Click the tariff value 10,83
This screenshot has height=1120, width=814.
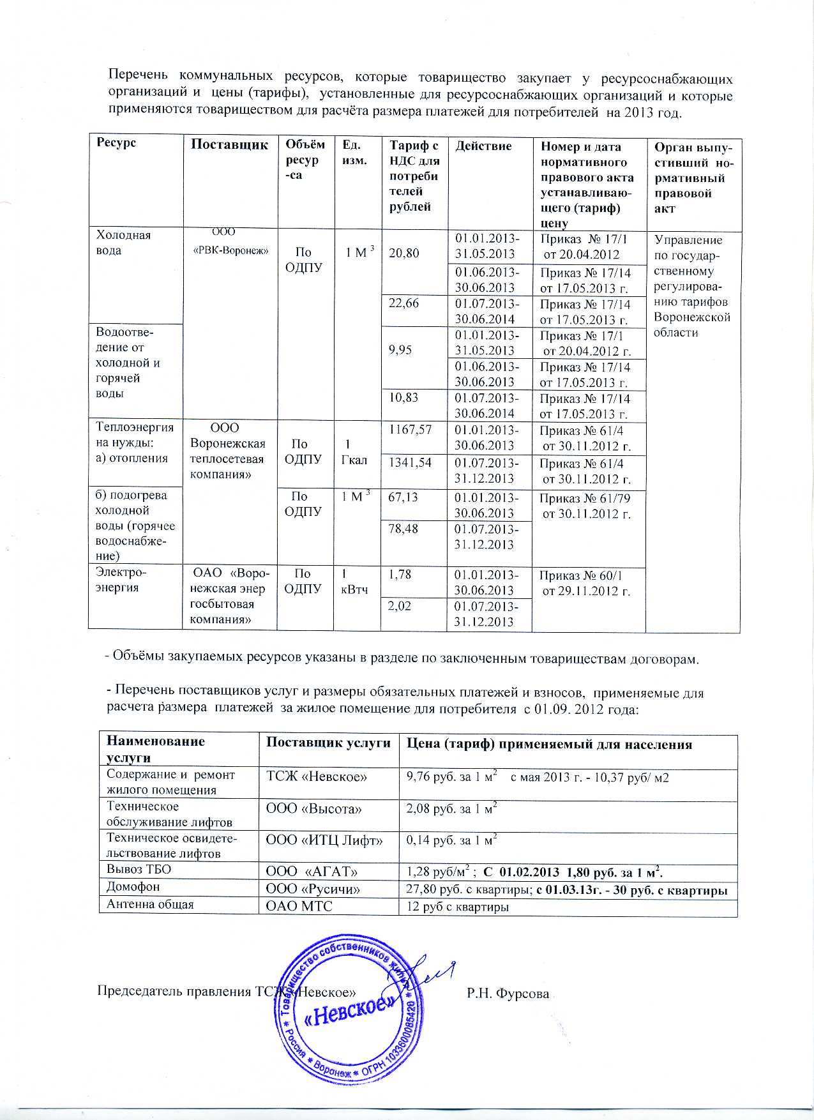pos(403,398)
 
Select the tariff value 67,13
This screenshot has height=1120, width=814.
pos(403,496)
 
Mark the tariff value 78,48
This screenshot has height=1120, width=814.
pos(403,528)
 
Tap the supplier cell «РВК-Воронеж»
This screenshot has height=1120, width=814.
pos(230,251)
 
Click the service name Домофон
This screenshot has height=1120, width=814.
pos(133,886)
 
